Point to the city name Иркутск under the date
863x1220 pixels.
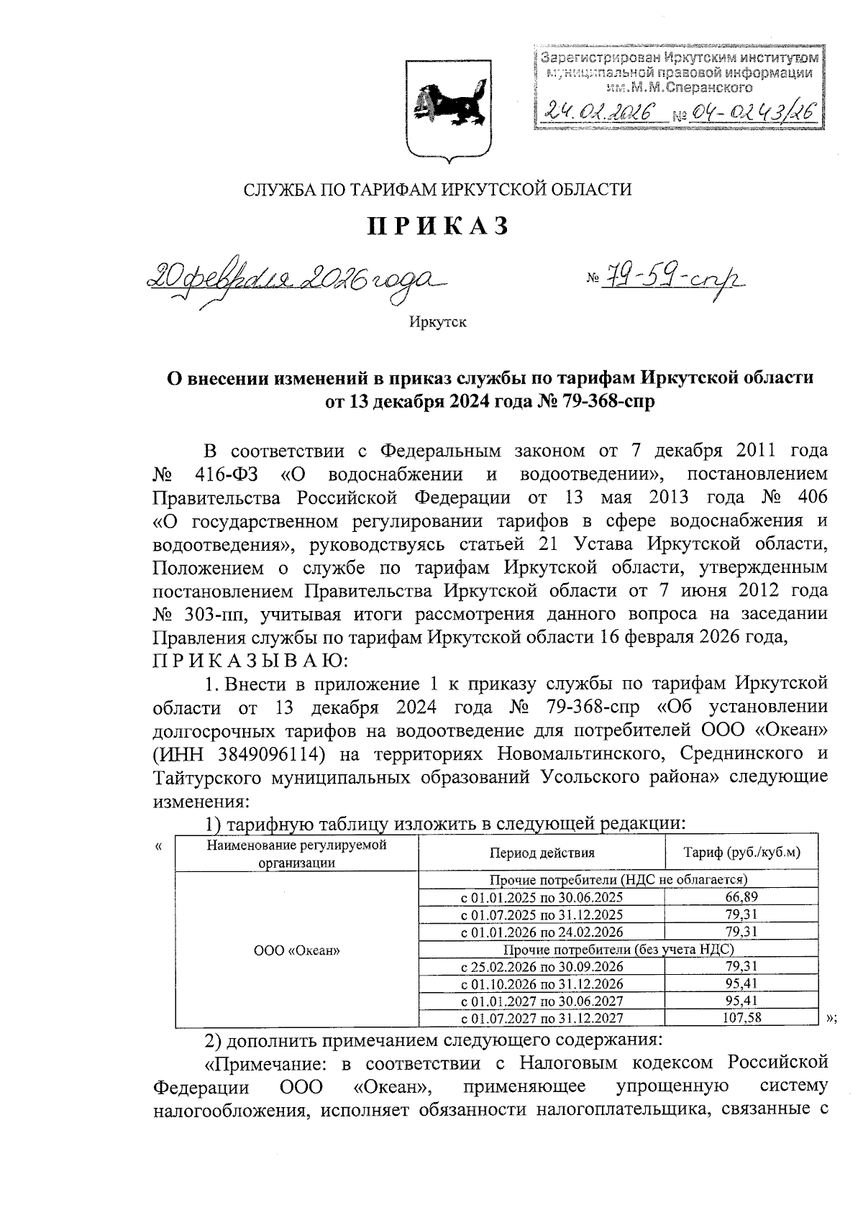[438, 322]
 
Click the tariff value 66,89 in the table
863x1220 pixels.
[741, 897]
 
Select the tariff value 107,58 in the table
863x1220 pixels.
[741, 1018]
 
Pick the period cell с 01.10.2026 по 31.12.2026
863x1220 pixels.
[542, 983]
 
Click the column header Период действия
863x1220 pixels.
[542, 853]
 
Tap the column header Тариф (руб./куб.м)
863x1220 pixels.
[741, 853]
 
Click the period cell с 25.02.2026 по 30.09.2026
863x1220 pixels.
[542, 966]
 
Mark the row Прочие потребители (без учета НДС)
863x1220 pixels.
[618, 949]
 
